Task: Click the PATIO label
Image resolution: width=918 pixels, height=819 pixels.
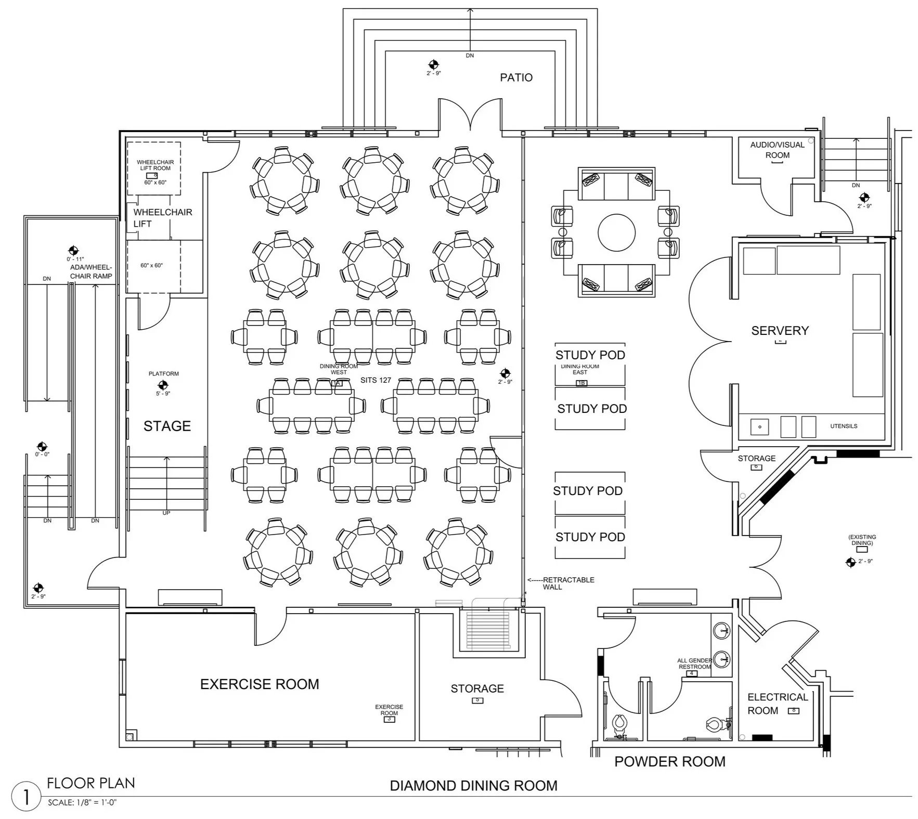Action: coord(516,77)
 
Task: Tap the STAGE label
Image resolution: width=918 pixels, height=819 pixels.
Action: coord(167,426)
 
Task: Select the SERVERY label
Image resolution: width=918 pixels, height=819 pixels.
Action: coord(780,331)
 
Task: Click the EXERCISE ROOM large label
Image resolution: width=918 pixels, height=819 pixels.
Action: coord(260,684)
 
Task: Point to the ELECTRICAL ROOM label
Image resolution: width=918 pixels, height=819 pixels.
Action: coord(777,704)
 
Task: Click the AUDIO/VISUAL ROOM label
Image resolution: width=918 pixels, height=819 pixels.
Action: coord(777,150)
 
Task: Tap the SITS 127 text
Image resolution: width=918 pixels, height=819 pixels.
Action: coord(376,380)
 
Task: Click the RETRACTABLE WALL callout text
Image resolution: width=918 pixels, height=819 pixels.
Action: coord(567,583)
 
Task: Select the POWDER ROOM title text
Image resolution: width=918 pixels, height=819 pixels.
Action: coord(669,762)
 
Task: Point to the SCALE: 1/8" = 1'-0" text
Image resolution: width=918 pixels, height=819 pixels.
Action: coord(82,802)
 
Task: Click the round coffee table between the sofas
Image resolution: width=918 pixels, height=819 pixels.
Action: coord(616,232)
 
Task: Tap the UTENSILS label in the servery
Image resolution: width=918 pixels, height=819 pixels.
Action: coord(843,426)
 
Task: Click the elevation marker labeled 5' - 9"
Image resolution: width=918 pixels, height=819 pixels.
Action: coord(163,385)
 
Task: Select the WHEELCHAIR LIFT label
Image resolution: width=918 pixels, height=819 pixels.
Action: coord(162,218)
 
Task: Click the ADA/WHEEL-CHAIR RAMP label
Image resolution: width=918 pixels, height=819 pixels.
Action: coord(91,271)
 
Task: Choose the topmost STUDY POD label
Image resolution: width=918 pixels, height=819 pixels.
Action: coord(590,355)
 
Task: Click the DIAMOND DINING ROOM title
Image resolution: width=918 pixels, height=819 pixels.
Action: coord(473,786)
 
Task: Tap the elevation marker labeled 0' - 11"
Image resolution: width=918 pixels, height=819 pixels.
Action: coord(74,251)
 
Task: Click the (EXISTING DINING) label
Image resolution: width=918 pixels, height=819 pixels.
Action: coord(862,540)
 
